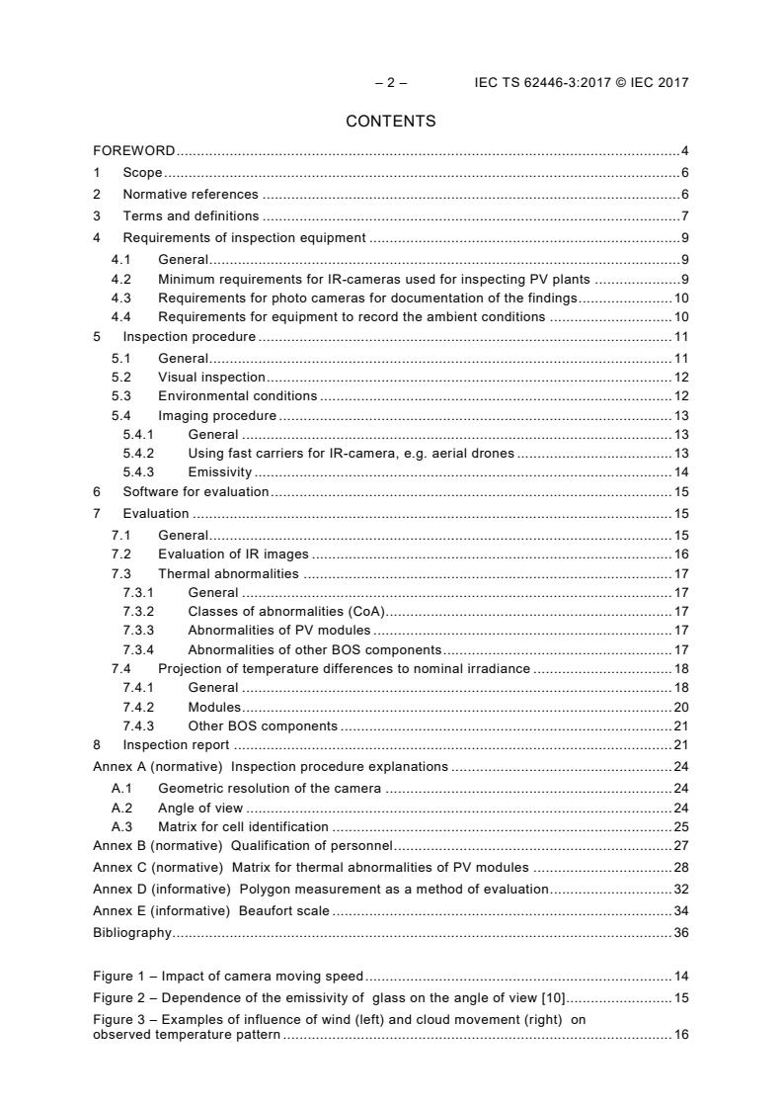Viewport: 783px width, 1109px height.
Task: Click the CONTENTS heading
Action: (390, 122)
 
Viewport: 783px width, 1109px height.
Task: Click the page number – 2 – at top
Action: (390, 83)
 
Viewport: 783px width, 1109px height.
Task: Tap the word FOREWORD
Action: (134, 151)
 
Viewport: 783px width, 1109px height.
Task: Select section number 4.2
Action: (121, 280)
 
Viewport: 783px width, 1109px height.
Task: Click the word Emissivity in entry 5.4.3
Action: (219, 471)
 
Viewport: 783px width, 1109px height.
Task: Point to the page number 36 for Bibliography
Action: (680, 932)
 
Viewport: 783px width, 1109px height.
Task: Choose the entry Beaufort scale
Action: (283, 910)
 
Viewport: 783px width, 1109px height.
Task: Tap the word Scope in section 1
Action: (142, 173)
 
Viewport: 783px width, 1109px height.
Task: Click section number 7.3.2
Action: (139, 611)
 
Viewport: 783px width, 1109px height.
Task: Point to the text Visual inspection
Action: (211, 377)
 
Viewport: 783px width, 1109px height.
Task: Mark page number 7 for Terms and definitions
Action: (684, 215)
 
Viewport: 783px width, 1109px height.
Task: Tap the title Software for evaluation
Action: (196, 491)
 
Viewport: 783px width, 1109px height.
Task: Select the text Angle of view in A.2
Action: (200, 808)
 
